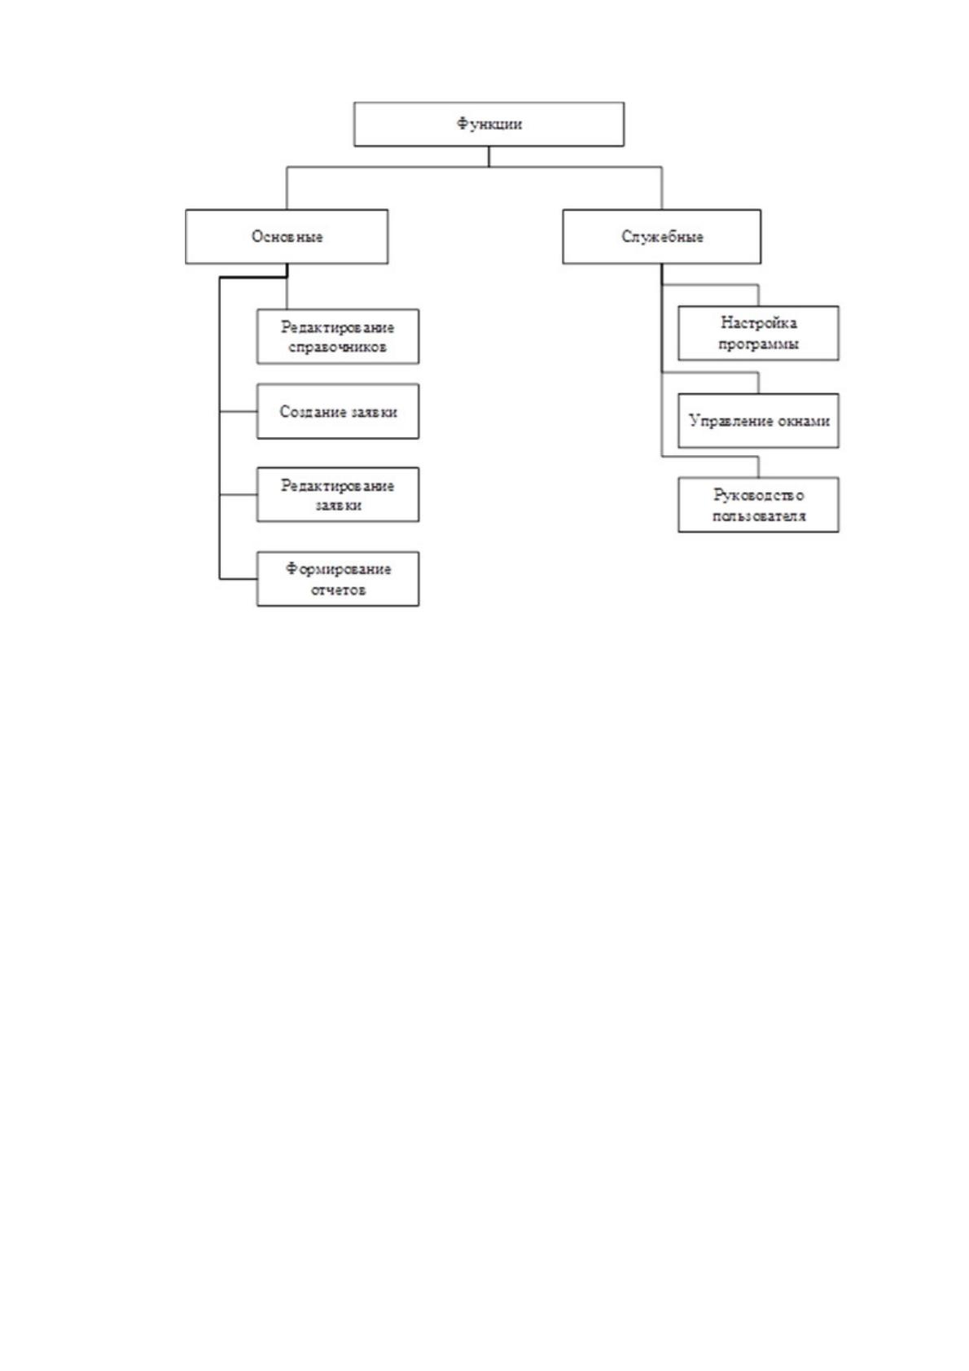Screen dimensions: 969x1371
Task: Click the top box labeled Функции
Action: point(489,125)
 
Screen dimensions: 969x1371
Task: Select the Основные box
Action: point(287,237)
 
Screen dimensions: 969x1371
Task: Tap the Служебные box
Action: point(662,237)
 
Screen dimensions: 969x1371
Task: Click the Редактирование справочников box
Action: point(338,336)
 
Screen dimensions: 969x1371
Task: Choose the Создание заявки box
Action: point(338,411)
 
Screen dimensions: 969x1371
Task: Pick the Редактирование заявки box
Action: point(338,494)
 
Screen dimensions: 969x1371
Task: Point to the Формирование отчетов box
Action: point(338,579)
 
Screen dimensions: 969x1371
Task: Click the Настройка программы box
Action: point(758,333)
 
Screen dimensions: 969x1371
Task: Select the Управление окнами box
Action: point(758,420)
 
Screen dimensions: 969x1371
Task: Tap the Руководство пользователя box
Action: point(758,505)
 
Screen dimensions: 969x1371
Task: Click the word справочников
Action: point(337,348)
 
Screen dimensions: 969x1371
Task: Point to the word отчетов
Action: point(338,590)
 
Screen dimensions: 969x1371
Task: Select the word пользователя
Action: point(758,516)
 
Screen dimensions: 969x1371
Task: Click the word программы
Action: point(758,344)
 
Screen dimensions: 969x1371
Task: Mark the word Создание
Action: point(307,412)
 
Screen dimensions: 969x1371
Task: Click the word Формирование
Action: point(338,570)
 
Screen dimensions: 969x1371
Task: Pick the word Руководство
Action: point(758,495)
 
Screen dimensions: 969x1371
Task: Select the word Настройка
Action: point(758,322)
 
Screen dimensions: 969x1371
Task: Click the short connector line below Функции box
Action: point(489,156)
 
